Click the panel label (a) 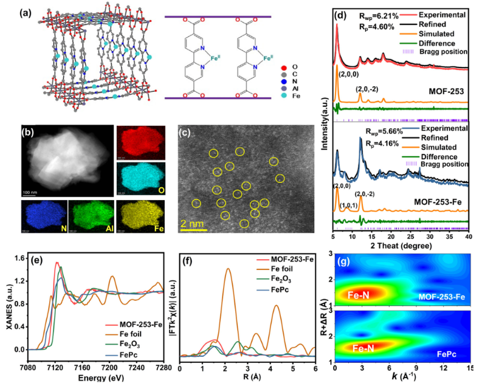[12, 11]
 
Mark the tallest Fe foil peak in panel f [228, 270]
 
